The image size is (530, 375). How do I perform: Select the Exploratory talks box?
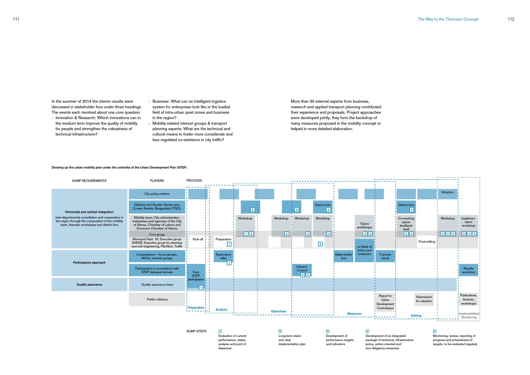coord(223,256)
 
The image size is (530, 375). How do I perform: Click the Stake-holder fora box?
coord(343,256)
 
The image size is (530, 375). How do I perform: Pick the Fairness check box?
coord(385,256)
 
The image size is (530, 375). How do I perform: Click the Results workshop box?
coord(468,270)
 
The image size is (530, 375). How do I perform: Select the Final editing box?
coord(427,242)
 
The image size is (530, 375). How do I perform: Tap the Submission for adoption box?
coord(424,299)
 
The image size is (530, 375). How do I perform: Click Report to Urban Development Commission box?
coord(385,302)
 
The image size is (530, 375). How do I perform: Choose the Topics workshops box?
coord(364,226)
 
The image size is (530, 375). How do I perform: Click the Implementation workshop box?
coord(468,222)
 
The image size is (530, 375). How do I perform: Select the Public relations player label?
coord(157,299)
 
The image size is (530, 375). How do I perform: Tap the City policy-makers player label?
coord(157,194)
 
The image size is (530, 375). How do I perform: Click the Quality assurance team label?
coord(157,285)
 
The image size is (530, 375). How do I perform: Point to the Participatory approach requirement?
coord(89,263)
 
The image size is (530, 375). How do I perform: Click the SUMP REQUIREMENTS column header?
coord(89,181)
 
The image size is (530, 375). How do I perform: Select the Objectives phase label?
coord(279,311)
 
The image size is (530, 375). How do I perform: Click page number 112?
coord(511,19)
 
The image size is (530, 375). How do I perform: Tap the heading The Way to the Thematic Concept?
coord(448,19)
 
